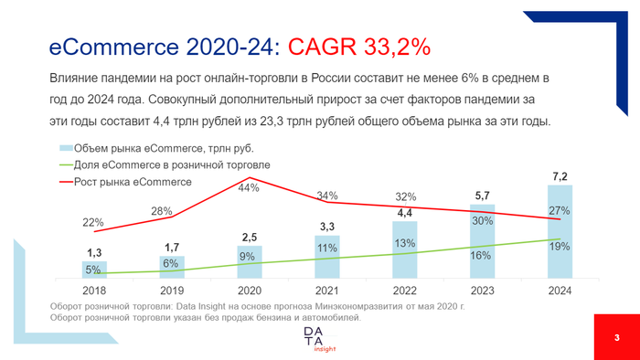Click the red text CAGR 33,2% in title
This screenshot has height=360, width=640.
coord(359,46)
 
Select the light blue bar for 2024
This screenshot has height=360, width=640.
coord(560,233)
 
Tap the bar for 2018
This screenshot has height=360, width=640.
coord(94,269)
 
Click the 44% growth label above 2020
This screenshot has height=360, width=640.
coord(250,187)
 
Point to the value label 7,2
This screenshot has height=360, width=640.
coord(560,175)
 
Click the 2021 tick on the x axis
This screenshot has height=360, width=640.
coord(326,290)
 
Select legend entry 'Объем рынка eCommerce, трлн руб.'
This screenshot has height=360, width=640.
coord(155,148)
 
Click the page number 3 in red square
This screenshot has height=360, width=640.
coord(616,339)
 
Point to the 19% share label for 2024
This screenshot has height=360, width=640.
coord(560,246)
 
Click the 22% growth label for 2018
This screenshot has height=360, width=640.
coord(93,223)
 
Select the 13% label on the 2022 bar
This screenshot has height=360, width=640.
coord(405,243)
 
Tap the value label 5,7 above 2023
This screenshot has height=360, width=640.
coord(483,196)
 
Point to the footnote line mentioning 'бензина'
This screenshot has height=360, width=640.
coord(206,318)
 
